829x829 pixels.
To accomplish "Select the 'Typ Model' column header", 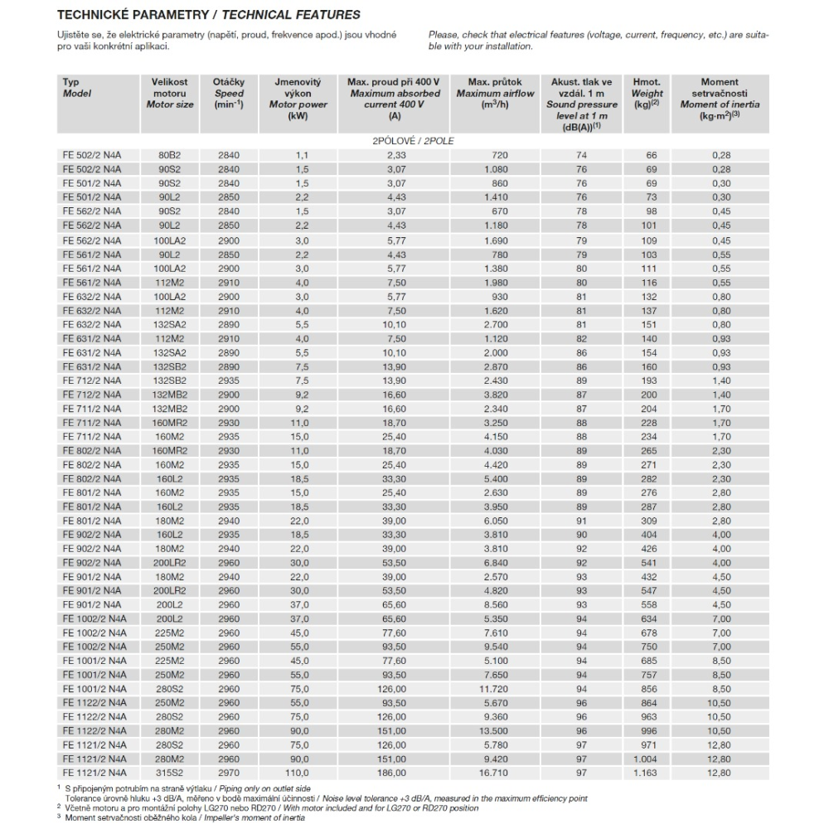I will (x=77, y=88).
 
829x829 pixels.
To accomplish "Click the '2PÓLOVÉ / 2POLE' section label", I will (x=414, y=141).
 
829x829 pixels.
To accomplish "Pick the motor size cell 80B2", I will (x=170, y=156).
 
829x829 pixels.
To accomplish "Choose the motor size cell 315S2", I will (x=170, y=773).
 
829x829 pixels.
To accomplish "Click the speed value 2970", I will (x=228, y=773).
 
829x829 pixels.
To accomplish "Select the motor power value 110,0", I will (x=298, y=773).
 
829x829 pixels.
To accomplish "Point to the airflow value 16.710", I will (x=495, y=773).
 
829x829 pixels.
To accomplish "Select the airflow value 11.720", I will (x=495, y=689).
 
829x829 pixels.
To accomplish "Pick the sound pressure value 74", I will (x=581, y=156).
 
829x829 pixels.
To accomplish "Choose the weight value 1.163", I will (x=647, y=773).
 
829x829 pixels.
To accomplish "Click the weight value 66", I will (x=652, y=156).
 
